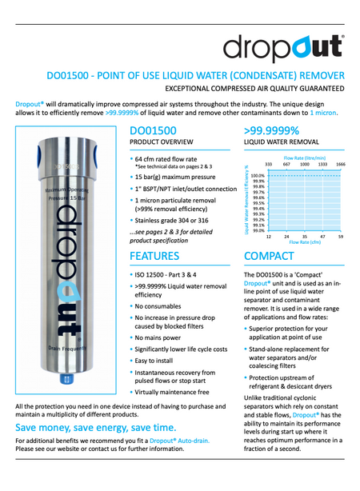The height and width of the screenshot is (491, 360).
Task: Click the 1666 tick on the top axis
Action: pos(340,163)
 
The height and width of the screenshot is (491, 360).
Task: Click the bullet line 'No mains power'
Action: pos(160,338)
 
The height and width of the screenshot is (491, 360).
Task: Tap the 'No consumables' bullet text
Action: pos(162,305)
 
